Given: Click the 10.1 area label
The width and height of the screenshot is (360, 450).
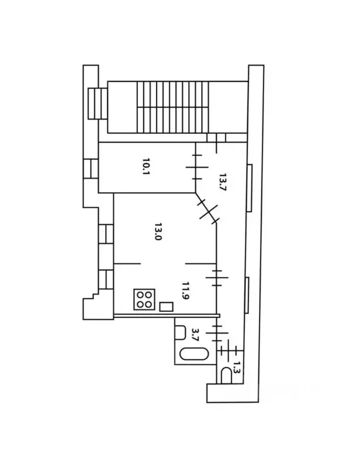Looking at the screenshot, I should coord(144,169).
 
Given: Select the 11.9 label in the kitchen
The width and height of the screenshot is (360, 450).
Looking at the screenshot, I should coord(185,290).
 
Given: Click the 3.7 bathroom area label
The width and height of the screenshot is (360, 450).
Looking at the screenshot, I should coord(196,335).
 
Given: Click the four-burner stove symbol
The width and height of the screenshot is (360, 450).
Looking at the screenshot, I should coord(144,299).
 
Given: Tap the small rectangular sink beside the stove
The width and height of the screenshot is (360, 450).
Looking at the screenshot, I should coord(167,306).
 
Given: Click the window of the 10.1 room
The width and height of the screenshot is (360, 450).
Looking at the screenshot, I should coord(91,169).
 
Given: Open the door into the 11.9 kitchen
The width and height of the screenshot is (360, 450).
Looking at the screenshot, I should coord(218,277).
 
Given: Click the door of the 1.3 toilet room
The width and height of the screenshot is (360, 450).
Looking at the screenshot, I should coord(230,352).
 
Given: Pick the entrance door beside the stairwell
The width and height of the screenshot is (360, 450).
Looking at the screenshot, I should coord(216,138).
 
